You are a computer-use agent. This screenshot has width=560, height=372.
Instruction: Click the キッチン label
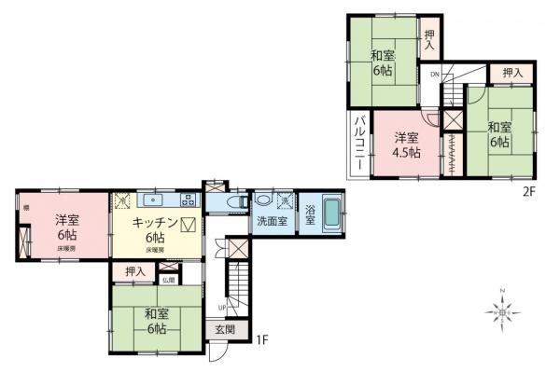[x=147, y=224]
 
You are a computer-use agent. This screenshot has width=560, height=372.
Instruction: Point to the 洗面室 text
[x=271, y=222]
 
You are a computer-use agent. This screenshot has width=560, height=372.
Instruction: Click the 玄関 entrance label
[x=226, y=329]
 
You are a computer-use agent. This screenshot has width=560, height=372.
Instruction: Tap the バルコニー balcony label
[x=358, y=143]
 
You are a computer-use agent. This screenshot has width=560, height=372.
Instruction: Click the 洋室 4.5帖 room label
[x=405, y=142]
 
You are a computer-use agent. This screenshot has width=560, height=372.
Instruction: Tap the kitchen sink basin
[x=152, y=200]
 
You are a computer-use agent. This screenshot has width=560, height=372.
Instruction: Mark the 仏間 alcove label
[x=168, y=279]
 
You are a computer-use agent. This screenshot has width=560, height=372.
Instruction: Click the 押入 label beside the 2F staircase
[x=510, y=72]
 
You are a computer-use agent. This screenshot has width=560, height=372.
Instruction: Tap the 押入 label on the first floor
[x=135, y=271]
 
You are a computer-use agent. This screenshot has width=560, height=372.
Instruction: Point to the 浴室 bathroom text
[x=309, y=218]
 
